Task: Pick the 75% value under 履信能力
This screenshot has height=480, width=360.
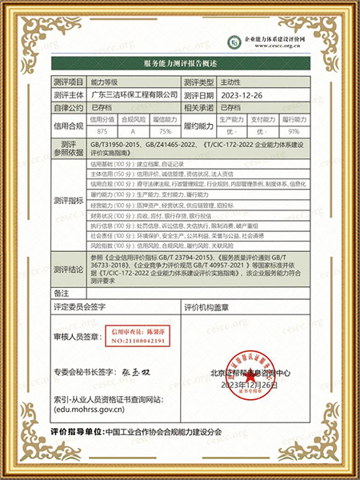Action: pos(166,130)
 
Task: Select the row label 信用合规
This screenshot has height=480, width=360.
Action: pos(69,125)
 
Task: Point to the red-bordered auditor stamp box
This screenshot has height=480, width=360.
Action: pos(138,334)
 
